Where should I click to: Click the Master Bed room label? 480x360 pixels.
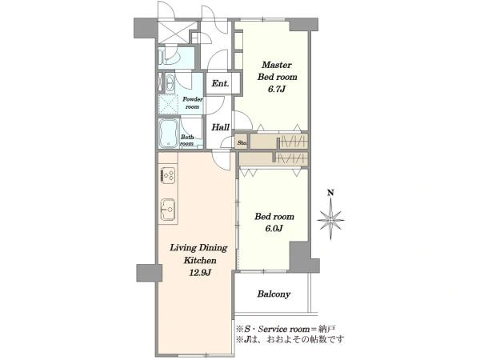point(277,70)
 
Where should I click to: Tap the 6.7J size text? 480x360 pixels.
point(276,90)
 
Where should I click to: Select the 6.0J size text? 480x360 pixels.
point(274,228)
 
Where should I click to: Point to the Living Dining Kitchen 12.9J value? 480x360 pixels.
point(200,272)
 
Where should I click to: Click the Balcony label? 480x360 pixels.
point(274,294)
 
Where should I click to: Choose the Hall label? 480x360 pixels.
point(221,127)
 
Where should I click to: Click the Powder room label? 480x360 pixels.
point(193,103)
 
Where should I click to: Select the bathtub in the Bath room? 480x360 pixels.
point(168,134)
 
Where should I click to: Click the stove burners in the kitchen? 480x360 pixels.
point(168,176)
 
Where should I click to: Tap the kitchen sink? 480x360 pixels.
point(168,210)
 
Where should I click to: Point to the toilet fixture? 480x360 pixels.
point(169,58)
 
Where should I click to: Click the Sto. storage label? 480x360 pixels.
point(242,142)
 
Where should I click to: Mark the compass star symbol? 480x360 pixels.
point(330,220)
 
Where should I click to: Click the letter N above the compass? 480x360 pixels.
point(330,193)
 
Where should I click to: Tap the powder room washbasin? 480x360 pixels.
point(170,82)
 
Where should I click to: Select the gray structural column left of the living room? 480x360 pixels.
point(149,273)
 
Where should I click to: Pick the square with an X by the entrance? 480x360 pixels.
point(172,32)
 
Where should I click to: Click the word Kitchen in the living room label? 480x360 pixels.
point(199,261)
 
